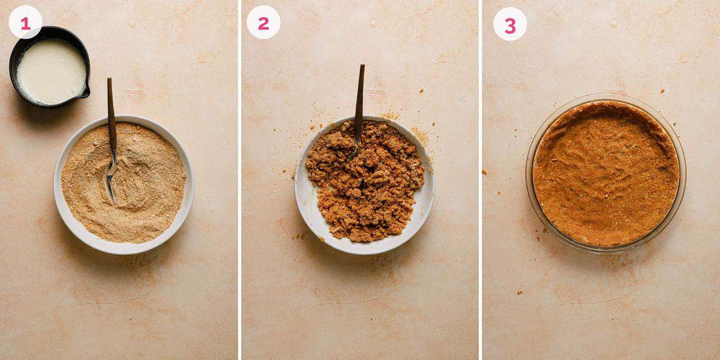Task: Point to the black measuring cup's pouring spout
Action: click(85, 93)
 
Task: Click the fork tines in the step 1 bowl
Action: click(110, 180)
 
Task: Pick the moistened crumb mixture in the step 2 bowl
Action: click(366, 186)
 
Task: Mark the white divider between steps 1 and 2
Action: click(239, 180)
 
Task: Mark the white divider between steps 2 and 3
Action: click(480, 180)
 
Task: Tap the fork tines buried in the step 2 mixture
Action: click(355, 150)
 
